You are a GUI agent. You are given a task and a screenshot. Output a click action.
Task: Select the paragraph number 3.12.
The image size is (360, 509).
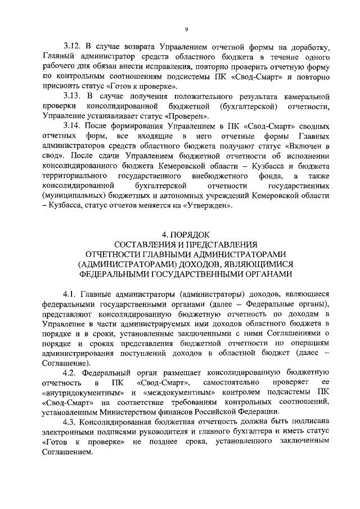[73, 46]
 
